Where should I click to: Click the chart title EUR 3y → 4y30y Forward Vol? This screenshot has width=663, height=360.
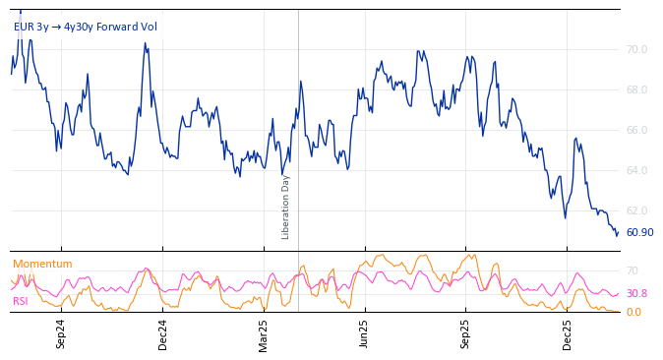85,27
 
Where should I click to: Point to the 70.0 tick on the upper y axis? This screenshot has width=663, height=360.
636,49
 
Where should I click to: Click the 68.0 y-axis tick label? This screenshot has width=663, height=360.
636,90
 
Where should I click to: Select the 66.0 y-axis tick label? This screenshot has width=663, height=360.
636,130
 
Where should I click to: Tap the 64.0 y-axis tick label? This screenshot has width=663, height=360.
636,170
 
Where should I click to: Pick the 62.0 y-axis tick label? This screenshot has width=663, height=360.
636,210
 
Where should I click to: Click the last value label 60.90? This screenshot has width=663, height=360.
639,233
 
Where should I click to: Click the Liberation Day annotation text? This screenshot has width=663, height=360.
286,207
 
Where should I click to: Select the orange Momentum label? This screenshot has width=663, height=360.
42,264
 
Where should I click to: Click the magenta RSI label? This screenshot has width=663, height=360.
20,301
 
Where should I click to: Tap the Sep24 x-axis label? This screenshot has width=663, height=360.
61,333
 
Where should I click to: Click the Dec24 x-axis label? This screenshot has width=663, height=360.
163,333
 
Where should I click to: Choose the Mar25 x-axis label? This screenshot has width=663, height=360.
264,333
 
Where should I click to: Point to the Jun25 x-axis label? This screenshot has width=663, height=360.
365,333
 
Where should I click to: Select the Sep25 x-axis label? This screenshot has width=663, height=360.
466,333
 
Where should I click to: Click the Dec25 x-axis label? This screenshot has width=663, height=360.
568,333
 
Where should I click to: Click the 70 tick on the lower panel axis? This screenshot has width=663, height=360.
633,270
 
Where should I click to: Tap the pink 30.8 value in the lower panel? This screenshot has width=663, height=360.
636,293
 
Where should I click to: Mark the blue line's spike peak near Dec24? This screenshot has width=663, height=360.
145,43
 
